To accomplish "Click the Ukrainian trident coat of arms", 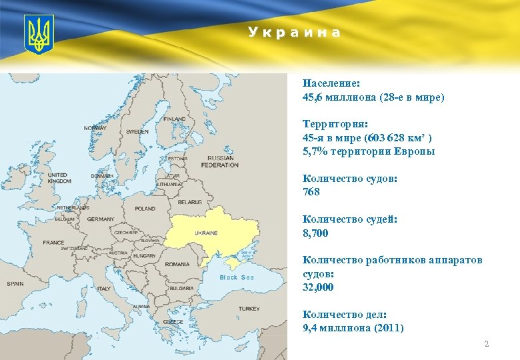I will [x=38, y=35].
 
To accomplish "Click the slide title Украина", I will [x=294, y=32].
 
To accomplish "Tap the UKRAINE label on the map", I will [x=206, y=233].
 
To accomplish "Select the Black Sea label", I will [x=237, y=277].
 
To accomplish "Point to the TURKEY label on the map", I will [x=249, y=309].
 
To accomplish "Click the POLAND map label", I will [x=145, y=209].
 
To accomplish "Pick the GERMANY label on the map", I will [x=101, y=219].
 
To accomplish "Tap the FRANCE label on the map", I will [x=54, y=243].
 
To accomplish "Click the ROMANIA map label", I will [x=177, y=264].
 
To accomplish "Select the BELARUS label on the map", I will [x=189, y=202].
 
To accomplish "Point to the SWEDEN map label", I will [x=137, y=132].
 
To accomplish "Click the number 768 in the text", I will [x=311, y=192].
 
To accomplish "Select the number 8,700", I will [x=315, y=233].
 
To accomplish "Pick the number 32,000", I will [x=319, y=287].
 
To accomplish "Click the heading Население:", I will [x=331, y=83].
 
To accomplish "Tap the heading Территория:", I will [x=335, y=124].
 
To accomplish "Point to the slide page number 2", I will [x=486, y=344].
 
